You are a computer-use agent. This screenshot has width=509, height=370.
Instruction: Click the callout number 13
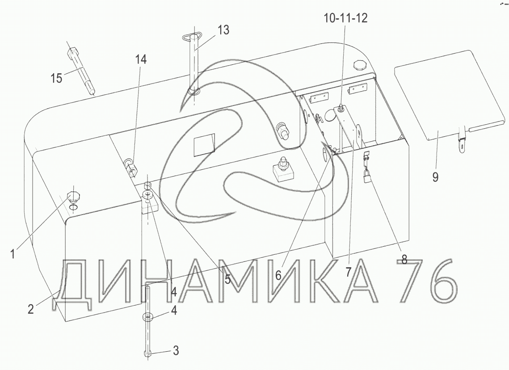(223, 30)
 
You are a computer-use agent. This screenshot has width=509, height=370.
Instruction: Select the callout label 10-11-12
(345, 18)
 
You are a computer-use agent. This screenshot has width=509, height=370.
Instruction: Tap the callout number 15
(56, 78)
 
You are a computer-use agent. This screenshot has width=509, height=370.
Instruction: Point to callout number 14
(141, 59)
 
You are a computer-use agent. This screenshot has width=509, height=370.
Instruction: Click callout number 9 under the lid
(435, 177)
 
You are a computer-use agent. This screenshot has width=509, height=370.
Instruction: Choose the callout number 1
(13, 253)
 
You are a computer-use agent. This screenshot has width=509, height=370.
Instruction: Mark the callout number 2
(30, 309)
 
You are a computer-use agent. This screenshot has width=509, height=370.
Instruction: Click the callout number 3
(176, 350)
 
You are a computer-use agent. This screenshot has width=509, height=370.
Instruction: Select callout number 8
(404, 259)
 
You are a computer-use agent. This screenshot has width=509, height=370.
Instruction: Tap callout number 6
(278, 276)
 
